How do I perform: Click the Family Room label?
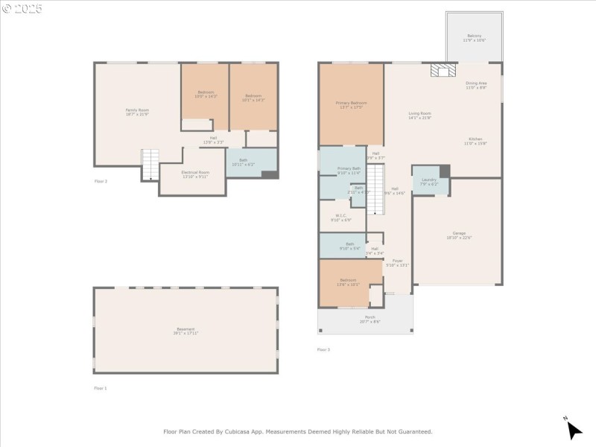(x=137, y=112)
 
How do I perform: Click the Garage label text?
(x=459, y=235)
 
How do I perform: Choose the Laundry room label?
(x=429, y=181)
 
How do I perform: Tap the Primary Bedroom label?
(x=351, y=104)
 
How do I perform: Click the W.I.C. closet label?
(x=341, y=218)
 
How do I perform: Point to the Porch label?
(x=370, y=320)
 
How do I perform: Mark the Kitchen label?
(x=475, y=141)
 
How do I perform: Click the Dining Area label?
(x=476, y=85)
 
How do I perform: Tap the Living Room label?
(x=419, y=115)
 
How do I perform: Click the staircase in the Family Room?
(x=150, y=164)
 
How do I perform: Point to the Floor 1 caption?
(x=101, y=388)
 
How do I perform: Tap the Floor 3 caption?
(x=323, y=349)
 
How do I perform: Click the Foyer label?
(x=397, y=262)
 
